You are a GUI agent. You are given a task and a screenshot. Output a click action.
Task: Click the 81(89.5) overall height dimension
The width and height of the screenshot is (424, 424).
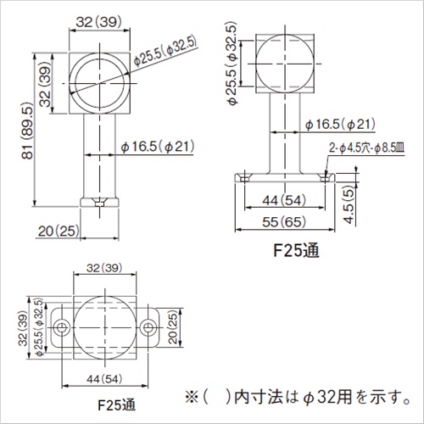[28, 131]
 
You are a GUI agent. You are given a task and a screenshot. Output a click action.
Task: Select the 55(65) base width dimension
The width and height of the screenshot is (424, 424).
[284, 222]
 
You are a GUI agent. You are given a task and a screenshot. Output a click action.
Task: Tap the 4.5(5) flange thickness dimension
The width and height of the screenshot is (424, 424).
[349, 204]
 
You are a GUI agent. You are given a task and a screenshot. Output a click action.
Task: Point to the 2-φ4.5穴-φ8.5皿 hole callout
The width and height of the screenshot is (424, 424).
[366, 148]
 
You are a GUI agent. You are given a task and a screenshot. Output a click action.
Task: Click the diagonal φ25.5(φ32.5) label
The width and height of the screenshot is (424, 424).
[165, 52]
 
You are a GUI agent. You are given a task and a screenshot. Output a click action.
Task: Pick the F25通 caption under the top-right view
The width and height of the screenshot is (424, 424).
[296, 250]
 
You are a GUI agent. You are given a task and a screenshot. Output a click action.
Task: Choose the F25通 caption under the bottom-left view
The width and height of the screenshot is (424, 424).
[116, 404]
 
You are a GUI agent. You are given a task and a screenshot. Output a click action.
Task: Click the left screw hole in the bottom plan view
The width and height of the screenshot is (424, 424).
[62, 327]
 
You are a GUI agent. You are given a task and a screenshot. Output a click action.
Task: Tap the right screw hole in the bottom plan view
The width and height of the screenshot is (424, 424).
[148, 327]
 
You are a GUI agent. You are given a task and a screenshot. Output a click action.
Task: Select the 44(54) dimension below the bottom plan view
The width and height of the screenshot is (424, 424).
[104, 379]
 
